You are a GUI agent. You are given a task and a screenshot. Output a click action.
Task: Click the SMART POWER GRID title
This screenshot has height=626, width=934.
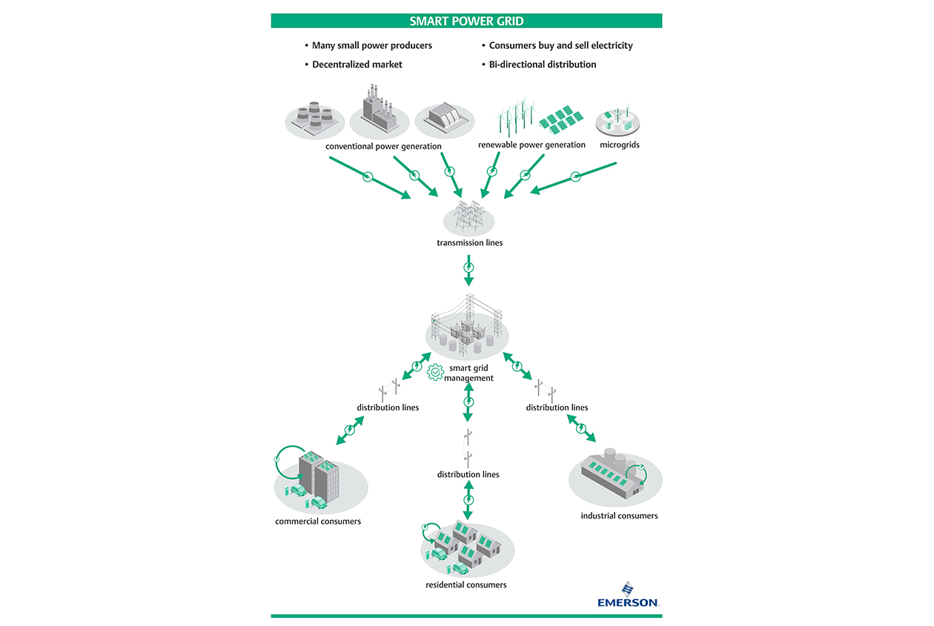(466, 21)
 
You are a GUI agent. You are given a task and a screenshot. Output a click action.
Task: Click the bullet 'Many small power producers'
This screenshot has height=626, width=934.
(371, 45)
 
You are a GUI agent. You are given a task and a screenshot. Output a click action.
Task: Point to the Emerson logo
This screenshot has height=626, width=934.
(628, 596)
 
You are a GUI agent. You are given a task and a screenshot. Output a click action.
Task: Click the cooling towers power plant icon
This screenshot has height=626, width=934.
(314, 120)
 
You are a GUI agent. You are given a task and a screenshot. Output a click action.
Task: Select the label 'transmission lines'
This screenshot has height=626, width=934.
(469, 243)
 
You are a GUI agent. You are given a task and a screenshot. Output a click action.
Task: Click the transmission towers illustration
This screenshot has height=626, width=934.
(469, 216)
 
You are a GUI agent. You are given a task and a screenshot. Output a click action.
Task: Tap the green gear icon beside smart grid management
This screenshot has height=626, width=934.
(436, 372)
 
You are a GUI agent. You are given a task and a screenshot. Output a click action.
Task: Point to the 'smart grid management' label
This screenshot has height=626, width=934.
(469, 373)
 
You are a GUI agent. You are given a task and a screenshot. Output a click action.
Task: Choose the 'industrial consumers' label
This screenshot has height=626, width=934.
(619, 516)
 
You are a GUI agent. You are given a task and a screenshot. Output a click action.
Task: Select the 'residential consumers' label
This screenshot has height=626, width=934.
(466, 585)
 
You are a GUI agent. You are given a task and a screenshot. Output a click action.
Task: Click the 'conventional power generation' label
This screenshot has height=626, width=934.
(383, 146)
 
